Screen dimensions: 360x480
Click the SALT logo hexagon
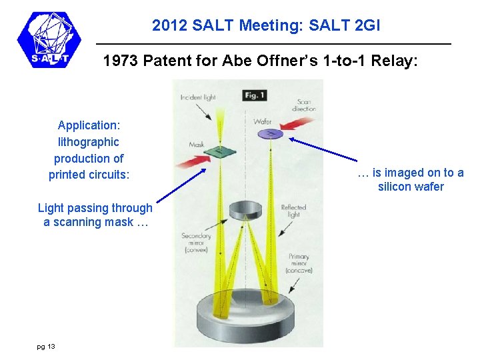click(49, 40)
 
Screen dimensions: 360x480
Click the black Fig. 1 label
click(254, 95)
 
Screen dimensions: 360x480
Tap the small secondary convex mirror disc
click(245, 211)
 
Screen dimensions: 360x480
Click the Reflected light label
click(293, 211)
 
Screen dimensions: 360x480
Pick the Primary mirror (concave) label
click(299, 263)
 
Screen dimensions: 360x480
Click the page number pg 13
click(46, 346)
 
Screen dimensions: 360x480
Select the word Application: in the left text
click(88, 125)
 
